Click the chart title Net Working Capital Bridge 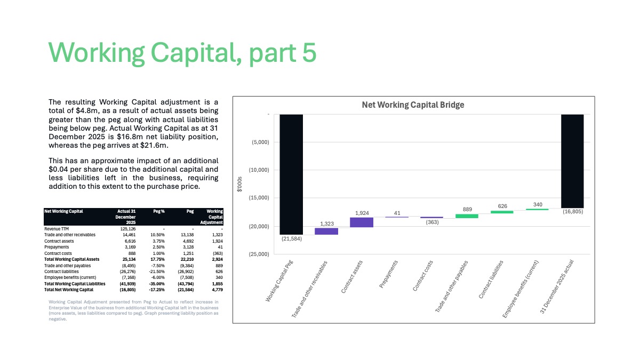413,105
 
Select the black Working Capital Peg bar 291,174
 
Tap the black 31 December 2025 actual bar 572,161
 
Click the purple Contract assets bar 362,222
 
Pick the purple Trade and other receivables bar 326,231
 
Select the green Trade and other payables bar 467,216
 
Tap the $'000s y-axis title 239,184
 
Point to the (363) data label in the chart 432,222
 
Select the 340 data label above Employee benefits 538,205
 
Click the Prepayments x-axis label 388,274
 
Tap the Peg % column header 159,211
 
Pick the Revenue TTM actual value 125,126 127,229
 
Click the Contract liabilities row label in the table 61,271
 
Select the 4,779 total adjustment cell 218,290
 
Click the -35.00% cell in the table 157,284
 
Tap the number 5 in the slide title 309,52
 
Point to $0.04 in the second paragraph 58,169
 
